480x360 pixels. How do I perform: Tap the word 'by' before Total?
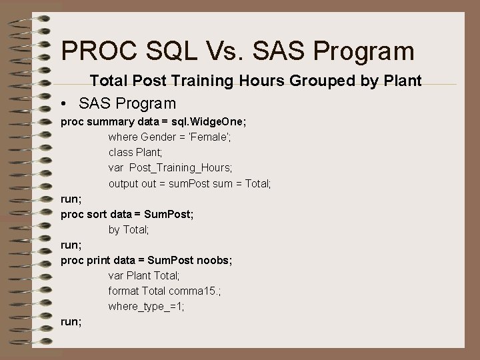(x=114, y=229)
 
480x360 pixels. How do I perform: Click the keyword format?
(x=123, y=291)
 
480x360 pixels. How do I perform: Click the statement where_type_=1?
(x=147, y=306)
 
